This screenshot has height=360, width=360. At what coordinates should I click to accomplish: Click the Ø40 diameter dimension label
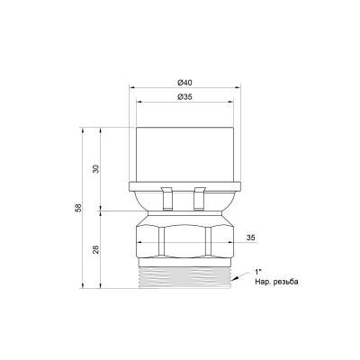(x=184, y=83)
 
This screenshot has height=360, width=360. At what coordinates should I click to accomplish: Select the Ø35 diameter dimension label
(x=184, y=97)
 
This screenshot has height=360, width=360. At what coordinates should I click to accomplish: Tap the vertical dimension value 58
(x=78, y=208)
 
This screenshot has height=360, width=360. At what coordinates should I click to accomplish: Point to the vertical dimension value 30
(x=95, y=168)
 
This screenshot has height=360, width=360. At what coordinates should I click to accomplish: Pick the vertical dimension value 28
(x=95, y=249)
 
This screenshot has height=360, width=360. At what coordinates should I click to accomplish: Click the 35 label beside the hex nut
(x=251, y=238)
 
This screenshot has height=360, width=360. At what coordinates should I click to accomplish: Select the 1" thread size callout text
(x=258, y=272)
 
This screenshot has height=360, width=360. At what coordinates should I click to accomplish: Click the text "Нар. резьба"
(x=276, y=282)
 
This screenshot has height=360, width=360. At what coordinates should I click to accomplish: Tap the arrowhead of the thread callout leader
(x=235, y=278)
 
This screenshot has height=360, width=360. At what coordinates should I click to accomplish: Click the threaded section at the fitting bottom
(x=184, y=277)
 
